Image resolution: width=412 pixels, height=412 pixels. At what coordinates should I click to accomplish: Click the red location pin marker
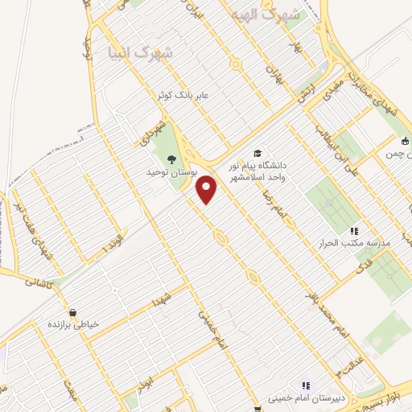pyautogui.click(x=208, y=189)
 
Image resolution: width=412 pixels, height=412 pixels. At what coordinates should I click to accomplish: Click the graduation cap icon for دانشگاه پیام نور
pyautogui.click(x=257, y=154)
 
